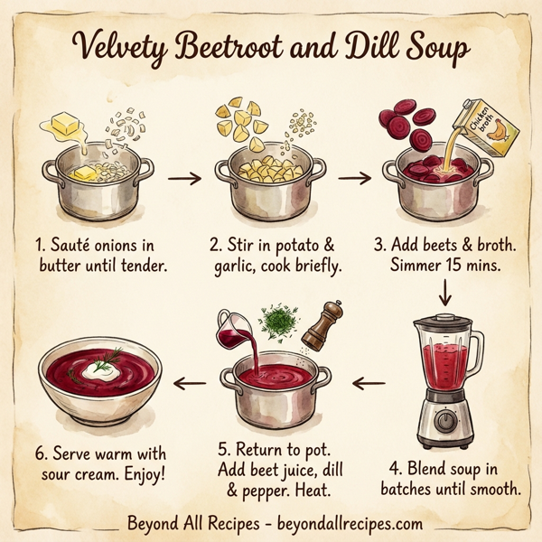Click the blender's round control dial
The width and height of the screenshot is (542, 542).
(x=444, y=420)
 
